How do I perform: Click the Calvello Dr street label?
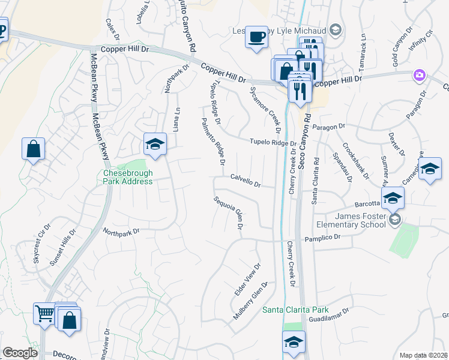pyautogui.click(x=245, y=181)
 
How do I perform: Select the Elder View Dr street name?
pyautogui.click(x=247, y=279)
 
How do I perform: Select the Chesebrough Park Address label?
pyautogui.click(x=128, y=176)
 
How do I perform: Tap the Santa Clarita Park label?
pyautogui.click(x=295, y=310)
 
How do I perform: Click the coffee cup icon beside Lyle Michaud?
pyautogui.click(x=257, y=37)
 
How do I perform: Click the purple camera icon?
pyautogui.click(x=419, y=76)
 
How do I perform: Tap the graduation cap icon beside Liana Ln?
pyautogui.click(x=155, y=145)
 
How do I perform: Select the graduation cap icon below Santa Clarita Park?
pyautogui.click(x=294, y=343)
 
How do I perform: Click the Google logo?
pyautogui.click(x=20, y=353)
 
